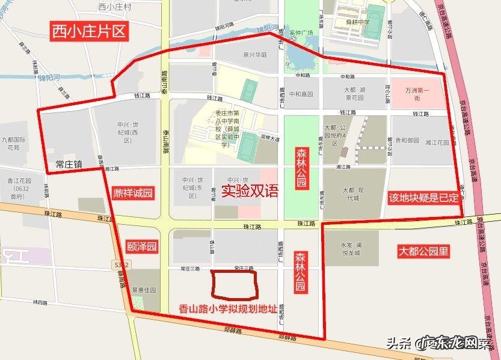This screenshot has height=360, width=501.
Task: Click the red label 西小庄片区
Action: pyautogui.click(x=89, y=31)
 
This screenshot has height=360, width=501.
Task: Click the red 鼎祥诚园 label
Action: pyautogui.click(x=133, y=194)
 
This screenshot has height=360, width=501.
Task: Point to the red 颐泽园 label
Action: pyautogui.click(x=143, y=246)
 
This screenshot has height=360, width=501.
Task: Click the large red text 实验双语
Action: pyautogui.click(x=250, y=192)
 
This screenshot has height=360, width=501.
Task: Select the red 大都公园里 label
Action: pyautogui.click(x=423, y=251)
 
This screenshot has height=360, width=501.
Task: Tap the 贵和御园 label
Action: pyautogui.click(x=407, y=141)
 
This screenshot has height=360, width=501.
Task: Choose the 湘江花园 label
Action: pyautogui.click(x=437, y=143)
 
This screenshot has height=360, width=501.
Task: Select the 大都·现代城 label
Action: pyautogui.click(x=351, y=194)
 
